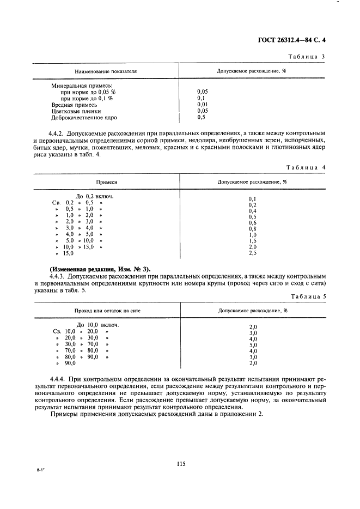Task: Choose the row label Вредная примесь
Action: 75,105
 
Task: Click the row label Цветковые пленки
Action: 76,111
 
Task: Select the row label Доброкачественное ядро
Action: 84,117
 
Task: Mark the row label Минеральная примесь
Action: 82,86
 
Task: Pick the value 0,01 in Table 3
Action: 202,105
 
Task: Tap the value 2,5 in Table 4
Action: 252,253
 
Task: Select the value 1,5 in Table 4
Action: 252,240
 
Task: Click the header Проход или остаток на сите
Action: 107,311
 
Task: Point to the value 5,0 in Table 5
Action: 253,344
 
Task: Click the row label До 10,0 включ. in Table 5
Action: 97,325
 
